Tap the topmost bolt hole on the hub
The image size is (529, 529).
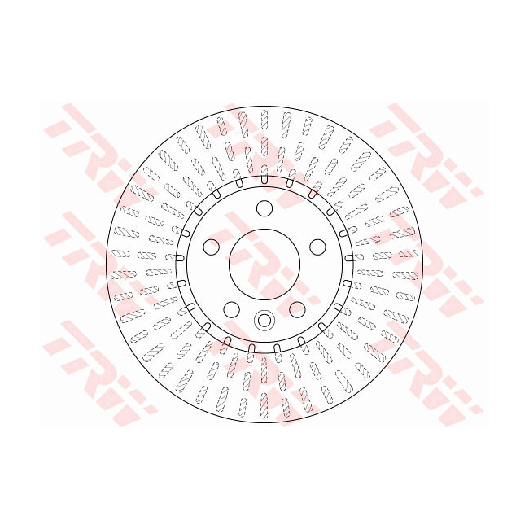coord(264,208)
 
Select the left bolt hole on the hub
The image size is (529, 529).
coord(212,247)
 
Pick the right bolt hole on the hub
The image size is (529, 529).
coord(317,247)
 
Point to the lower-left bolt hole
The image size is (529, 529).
coord(232,309)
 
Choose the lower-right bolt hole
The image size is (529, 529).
coord(297,309)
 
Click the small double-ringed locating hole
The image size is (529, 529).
coord(264,320)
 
